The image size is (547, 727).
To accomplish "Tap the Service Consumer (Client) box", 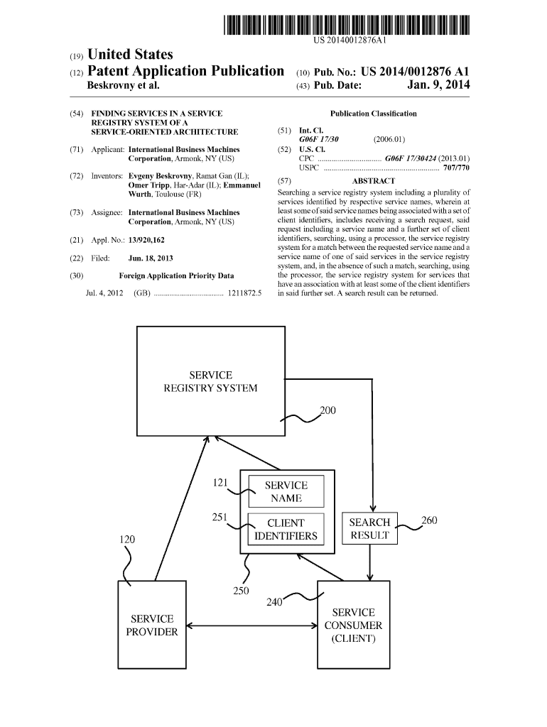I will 353,625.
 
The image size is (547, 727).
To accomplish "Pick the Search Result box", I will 369,529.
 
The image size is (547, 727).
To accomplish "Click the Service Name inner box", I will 286,491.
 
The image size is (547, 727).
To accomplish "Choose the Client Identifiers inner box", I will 286,529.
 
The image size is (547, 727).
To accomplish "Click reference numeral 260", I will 429,520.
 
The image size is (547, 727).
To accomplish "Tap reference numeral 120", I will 126,540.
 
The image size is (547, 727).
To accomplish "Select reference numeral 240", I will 275,602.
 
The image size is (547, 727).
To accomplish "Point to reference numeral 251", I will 220,517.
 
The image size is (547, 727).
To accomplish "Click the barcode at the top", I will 347,26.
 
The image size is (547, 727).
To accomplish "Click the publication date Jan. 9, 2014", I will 438,86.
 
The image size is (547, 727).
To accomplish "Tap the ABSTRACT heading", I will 373,181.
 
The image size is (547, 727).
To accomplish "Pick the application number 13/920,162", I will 151,241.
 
